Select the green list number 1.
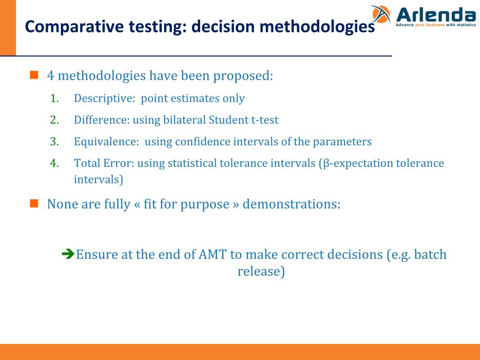pyautogui.click(x=54, y=98)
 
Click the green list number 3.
pyautogui.click(x=54, y=142)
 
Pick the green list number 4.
pyautogui.click(x=54, y=163)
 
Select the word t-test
pyautogui.click(x=265, y=120)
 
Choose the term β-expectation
pyautogui.click(x=358, y=163)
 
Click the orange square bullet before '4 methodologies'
pyautogui.click(x=34, y=75)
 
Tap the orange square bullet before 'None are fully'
pyautogui.click(x=34, y=203)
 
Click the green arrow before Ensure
pyautogui.click(x=68, y=255)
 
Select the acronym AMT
pyautogui.click(x=213, y=255)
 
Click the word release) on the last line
pyautogui.click(x=261, y=271)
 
